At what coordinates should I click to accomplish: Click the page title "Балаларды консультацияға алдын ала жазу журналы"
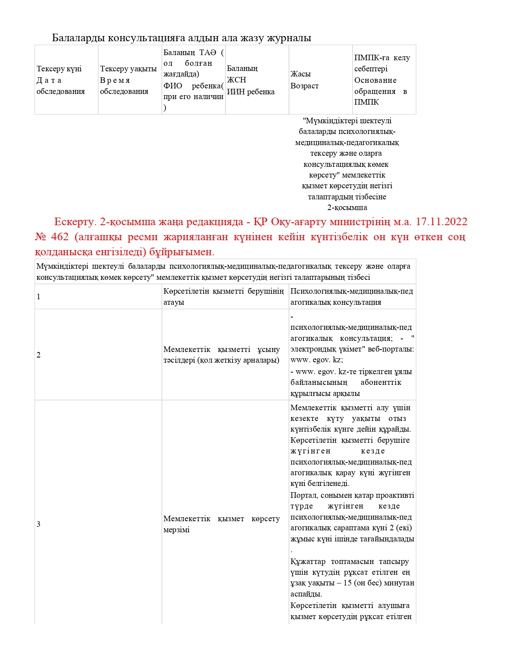pos(181,38)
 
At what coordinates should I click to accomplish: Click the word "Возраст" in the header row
pos(304,86)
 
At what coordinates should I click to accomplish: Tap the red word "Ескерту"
pos(74,222)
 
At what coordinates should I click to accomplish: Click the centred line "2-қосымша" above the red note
pos(347,208)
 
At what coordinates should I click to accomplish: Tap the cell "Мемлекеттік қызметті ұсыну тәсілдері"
pos(221,355)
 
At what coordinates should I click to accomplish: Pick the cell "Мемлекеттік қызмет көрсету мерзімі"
pos(221,524)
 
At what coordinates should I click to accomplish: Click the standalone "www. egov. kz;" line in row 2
pos(317,360)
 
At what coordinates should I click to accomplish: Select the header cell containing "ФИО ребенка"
pos(193,86)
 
